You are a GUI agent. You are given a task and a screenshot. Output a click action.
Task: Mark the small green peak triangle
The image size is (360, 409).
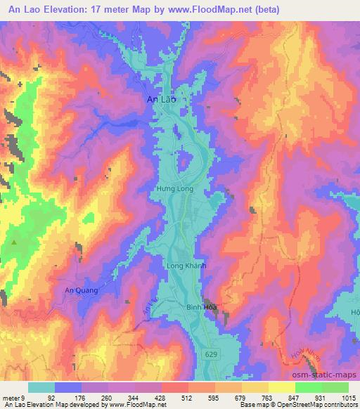[14, 242]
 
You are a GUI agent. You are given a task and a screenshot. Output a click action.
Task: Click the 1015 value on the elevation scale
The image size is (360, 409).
[349, 397]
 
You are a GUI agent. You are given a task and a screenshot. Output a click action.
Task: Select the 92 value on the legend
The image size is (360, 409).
[52, 397]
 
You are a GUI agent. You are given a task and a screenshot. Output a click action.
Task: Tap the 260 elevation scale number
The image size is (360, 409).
[107, 397]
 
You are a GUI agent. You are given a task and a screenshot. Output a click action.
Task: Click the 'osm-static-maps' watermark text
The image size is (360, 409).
[329, 376]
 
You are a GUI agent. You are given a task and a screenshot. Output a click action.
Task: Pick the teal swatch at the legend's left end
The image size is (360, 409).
[41, 387]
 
